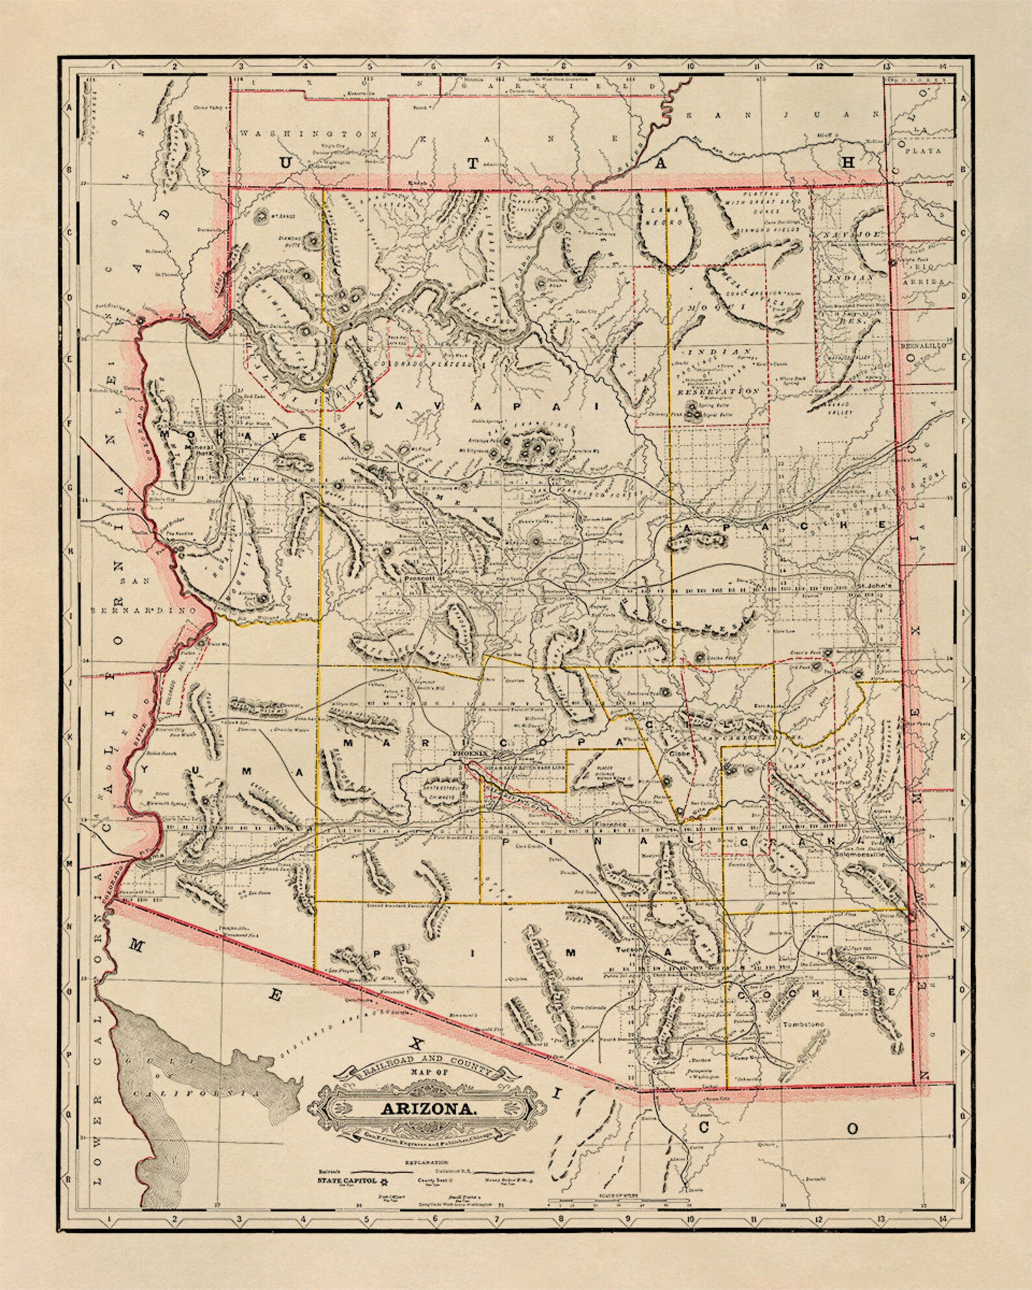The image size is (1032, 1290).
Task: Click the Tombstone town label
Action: (x=804, y=1024)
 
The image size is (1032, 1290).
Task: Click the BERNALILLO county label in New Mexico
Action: (x=923, y=346)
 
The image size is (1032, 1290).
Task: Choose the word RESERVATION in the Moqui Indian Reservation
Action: (x=717, y=392)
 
